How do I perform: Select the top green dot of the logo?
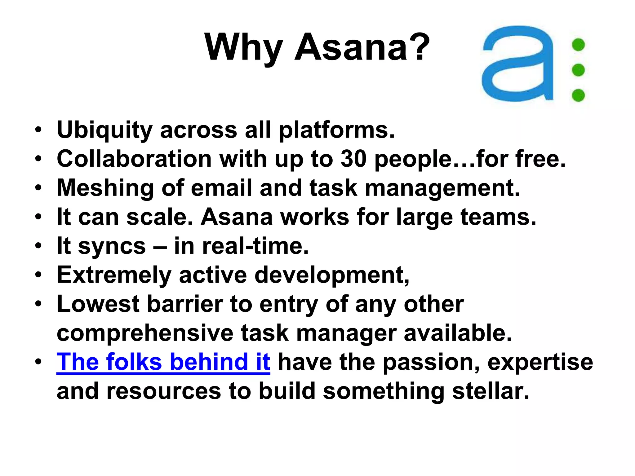pos(578,45)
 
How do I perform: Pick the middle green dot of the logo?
pos(578,70)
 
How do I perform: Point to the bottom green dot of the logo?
pos(578,95)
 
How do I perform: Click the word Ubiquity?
pos(105,130)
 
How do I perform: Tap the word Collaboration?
pos(134,159)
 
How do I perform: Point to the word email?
pos(221,188)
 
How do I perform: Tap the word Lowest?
pos(98,304)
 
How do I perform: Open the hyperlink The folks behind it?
pos(163,362)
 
